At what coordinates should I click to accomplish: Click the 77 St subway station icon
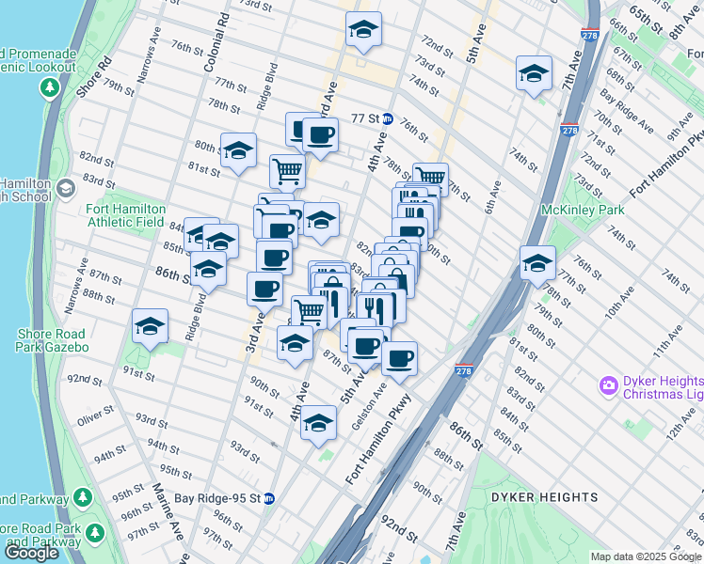[388, 119]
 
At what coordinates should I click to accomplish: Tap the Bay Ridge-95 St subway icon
[268, 498]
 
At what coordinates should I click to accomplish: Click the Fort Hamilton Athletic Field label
[126, 215]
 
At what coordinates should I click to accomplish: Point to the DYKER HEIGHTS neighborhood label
[544, 496]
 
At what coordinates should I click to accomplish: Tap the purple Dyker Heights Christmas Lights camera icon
[608, 385]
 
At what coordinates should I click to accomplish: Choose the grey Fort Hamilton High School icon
[65, 189]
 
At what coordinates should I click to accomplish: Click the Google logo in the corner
[31, 552]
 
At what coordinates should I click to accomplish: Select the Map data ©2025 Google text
[645, 556]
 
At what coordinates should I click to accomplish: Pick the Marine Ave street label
[168, 512]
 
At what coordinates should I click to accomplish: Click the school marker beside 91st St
[150, 326]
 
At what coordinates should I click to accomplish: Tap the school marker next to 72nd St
[362, 29]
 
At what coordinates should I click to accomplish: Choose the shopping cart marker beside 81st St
[287, 171]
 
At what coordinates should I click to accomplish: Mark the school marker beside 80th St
[238, 150]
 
